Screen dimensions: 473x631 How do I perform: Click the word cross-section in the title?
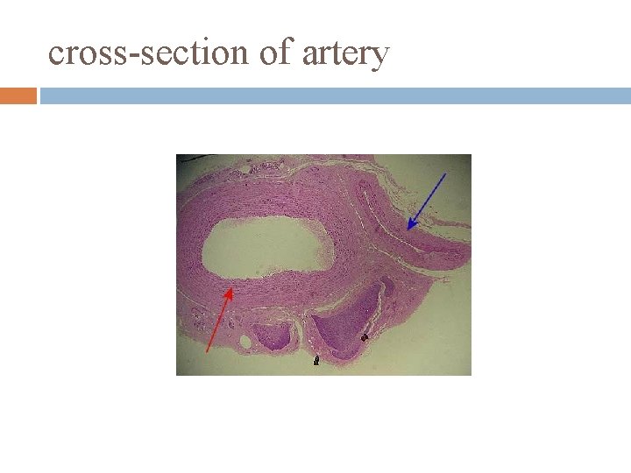click(x=149, y=53)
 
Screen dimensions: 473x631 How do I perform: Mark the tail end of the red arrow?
click(x=207, y=351)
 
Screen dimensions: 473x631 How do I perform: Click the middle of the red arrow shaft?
click(x=219, y=321)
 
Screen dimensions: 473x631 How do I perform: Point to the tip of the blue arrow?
click(x=408, y=229)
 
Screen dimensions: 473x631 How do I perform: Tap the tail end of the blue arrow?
click(x=445, y=174)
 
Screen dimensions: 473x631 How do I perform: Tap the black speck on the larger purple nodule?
click(x=365, y=336)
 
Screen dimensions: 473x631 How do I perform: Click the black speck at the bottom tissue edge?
click(x=316, y=359)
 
